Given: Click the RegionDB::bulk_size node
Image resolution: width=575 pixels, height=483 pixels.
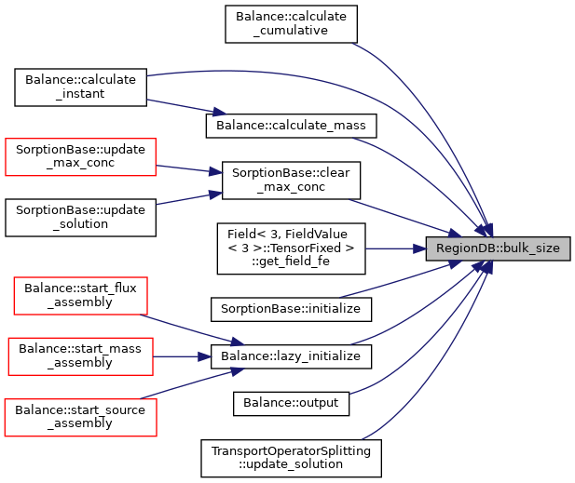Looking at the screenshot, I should [x=498, y=248].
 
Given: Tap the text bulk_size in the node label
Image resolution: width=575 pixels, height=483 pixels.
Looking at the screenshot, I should [x=531, y=248].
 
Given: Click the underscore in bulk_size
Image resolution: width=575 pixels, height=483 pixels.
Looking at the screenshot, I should [x=529, y=252].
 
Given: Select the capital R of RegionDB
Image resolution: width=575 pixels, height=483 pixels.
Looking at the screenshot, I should [x=440, y=248].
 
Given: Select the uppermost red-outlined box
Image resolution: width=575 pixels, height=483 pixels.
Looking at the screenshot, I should [x=80, y=156].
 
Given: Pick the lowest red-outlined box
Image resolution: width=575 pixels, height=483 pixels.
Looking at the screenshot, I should [x=80, y=417].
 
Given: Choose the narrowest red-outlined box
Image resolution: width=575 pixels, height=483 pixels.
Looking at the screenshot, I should [x=80, y=296].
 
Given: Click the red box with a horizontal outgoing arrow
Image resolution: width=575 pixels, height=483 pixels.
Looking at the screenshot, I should [x=80, y=356].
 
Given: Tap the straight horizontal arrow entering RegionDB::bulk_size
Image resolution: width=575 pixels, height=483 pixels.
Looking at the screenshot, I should [x=391, y=248].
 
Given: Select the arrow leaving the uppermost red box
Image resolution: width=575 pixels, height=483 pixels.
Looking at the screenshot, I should [x=186, y=168].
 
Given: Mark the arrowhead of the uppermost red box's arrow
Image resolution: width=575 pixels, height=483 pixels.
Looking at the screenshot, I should [x=216, y=171].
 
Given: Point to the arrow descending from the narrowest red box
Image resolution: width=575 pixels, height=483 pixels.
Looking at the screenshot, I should [x=186, y=329].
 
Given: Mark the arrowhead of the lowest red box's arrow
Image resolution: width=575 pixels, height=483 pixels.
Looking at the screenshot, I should [x=237, y=370].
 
